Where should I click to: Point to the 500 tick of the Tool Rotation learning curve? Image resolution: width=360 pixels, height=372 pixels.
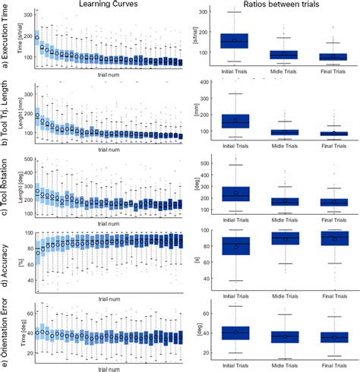click(29, 160)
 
